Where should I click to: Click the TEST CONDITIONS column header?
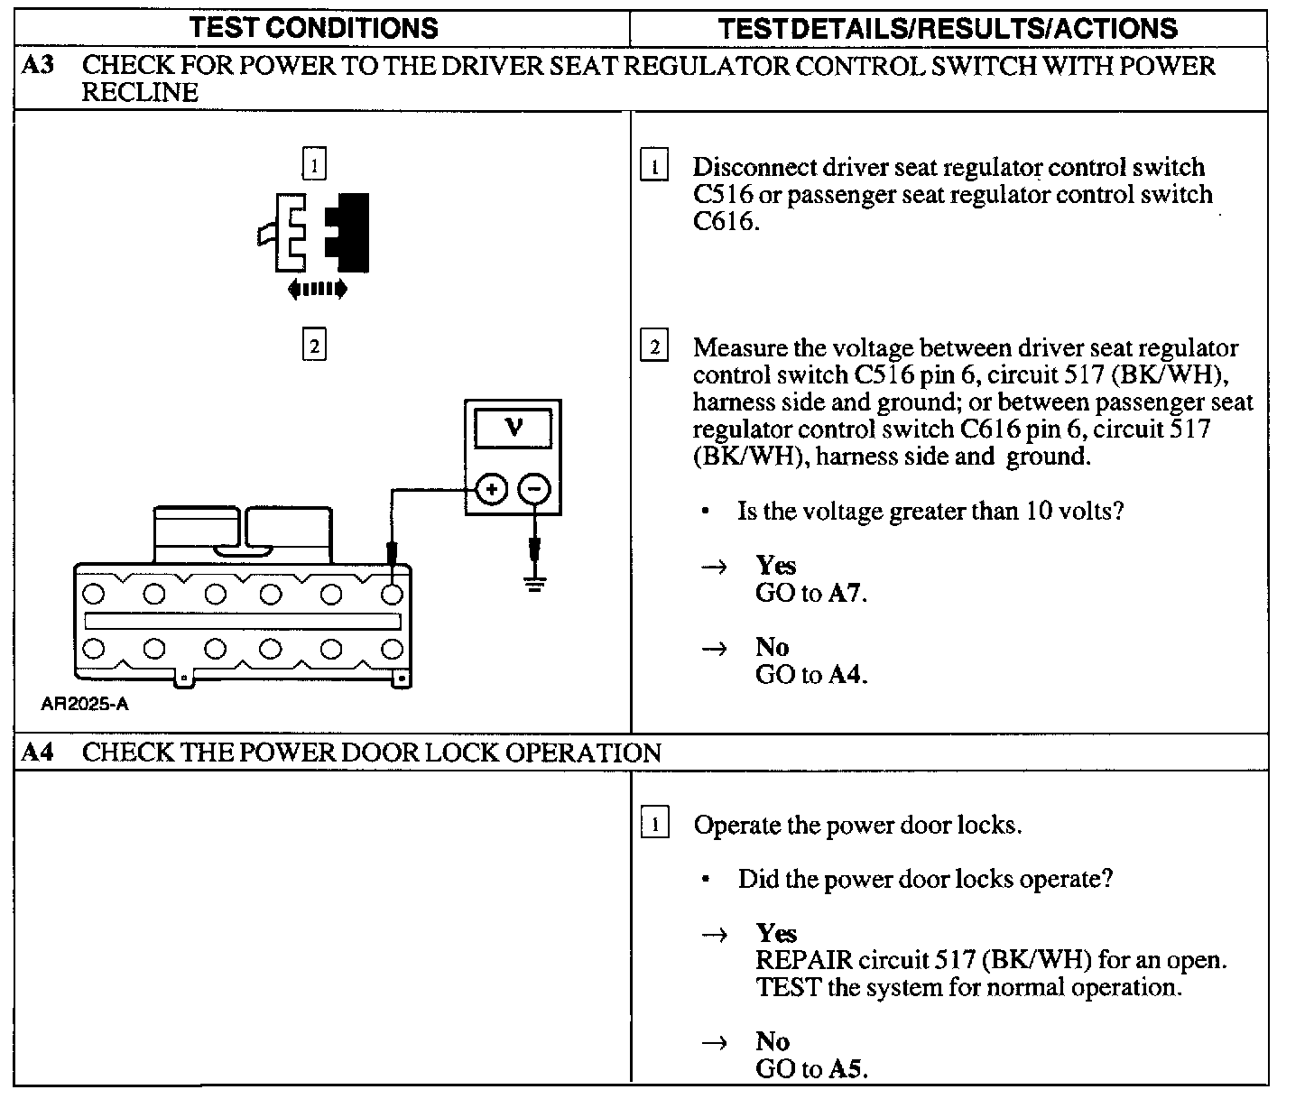(x=314, y=28)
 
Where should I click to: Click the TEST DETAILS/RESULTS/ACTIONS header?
(x=948, y=28)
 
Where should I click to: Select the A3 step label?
(x=37, y=66)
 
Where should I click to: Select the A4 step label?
(x=37, y=753)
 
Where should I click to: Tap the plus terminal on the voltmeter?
(x=491, y=490)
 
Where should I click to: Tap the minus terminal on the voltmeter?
(x=534, y=490)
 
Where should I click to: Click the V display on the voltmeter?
(x=513, y=427)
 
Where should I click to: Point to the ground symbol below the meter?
(x=535, y=585)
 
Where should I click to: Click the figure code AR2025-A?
(x=84, y=705)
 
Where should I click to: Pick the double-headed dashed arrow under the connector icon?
(x=317, y=289)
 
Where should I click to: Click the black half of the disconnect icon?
(x=350, y=232)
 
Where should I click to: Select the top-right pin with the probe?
(x=392, y=594)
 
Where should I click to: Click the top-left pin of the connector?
(x=94, y=594)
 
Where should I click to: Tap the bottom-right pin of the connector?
(x=392, y=649)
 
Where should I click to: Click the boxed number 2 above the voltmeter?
(x=314, y=346)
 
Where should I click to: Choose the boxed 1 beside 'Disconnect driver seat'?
(x=653, y=167)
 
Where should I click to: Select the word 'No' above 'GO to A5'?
(x=773, y=1041)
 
